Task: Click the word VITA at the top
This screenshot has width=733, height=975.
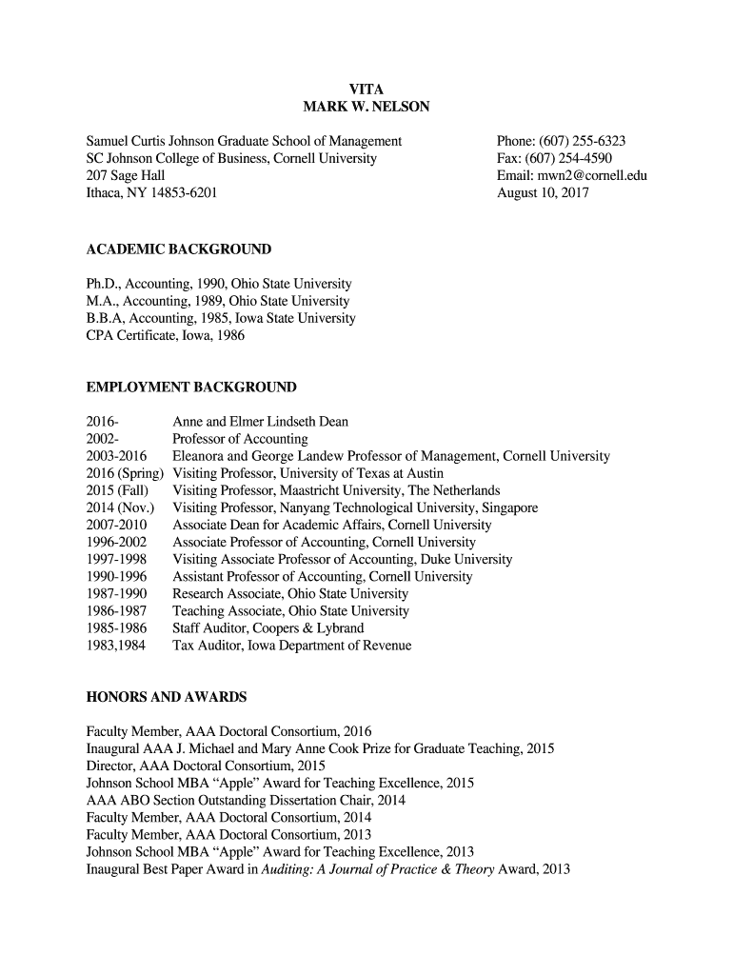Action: [x=366, y=90]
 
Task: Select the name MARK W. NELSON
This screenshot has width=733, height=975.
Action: [x=366, y=108]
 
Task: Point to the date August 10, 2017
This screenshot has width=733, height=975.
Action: [x=543, y=192]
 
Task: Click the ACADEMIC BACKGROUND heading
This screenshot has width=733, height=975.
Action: [x=179, y=249]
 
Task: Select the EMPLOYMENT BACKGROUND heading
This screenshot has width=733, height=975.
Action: [x=191, y=388]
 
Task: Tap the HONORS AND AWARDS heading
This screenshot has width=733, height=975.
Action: [x=167, y=697]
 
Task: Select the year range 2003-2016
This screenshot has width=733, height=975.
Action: [x=116, y=456]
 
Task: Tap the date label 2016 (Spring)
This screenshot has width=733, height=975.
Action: [x=125, y=473]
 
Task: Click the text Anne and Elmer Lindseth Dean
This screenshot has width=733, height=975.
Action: [x=260, y=422]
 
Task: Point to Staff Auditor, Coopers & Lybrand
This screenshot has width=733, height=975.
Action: [x=267, y=628]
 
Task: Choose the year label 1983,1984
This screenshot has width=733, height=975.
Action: [x=116, y=646]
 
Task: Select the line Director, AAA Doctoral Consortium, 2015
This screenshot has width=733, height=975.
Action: [x=206, y=766]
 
